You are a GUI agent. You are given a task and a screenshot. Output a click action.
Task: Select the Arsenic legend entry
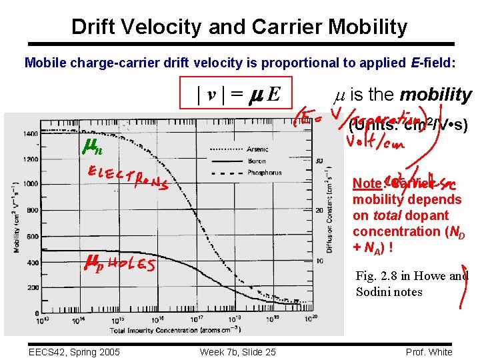pos(257,149)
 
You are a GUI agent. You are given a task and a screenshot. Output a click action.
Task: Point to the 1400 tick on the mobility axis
pos(29,134)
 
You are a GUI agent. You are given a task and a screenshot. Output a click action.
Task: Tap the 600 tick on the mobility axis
pos(31,236)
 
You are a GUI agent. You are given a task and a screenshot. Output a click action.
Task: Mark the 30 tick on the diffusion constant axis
pos(320,161)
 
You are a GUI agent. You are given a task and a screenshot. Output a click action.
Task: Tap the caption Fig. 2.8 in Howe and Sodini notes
pos(411,284)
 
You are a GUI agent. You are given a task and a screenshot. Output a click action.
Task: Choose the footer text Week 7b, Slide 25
pos(237,351)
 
